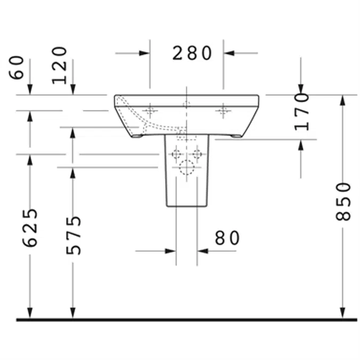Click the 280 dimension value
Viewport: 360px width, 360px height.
(x=192, y=53)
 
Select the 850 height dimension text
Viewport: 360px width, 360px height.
(x=345, y=201)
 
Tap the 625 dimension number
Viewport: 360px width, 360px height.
(x=31, y=228)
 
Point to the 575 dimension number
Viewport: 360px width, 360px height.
(x=74, y=235)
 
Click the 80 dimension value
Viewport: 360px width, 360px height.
(x=227, y=238)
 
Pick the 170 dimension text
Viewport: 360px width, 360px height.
(x=302, y=111)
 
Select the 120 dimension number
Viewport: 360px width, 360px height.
(x=60, y=65)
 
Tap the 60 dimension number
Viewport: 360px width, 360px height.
(x=17, y=68)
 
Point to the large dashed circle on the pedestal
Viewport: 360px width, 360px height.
(x=187, y=167)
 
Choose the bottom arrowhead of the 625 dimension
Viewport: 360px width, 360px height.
(x=30, y=313)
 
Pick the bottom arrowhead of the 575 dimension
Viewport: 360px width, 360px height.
(x=73, y=313)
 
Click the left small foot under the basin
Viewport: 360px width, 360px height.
(x=138, y=136)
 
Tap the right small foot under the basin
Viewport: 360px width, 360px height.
(x=235, y=136)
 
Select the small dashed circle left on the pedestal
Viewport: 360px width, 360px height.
(x=177, y=155)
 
